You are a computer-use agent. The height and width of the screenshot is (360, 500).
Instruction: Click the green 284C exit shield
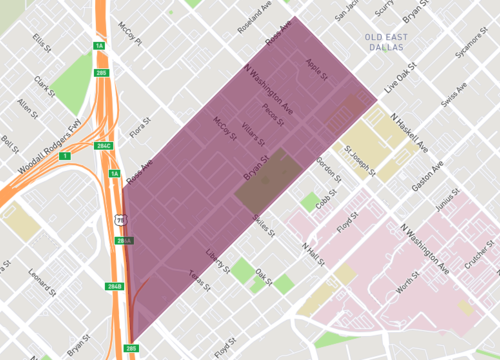102,145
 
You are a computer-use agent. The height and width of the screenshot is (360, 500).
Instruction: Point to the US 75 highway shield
120,218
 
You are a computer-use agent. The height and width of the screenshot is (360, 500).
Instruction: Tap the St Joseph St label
359,160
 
